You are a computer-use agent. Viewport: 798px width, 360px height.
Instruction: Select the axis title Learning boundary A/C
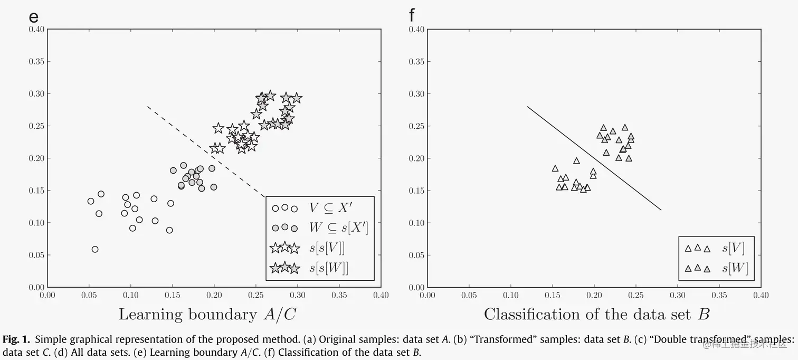point(207,314)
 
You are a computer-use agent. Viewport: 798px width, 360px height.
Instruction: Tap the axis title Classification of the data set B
point(596,314)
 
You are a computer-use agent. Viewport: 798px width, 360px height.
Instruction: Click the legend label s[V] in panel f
point(733,248)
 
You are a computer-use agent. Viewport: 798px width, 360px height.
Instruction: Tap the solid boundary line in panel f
point(594,158)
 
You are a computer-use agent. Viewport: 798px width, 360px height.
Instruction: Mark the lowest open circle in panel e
point(95,249)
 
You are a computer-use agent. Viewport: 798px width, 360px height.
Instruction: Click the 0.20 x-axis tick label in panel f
point(594,295)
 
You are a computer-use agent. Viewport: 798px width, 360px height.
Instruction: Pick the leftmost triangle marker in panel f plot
point(555,168)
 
